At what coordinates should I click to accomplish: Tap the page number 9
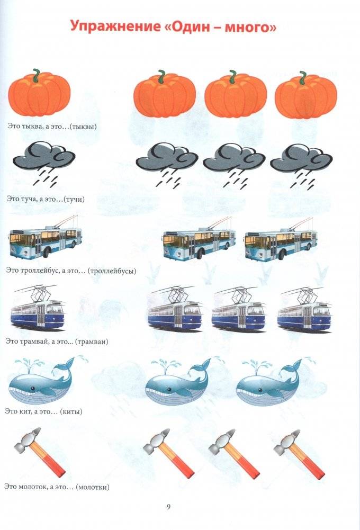[x=168, y=507]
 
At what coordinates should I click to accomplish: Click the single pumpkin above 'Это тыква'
[x=39, y=93]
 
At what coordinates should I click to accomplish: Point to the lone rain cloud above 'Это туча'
[x=44, y=164]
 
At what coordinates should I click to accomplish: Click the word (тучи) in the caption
[x=74, y=199]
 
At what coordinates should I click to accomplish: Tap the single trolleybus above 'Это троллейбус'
[x=46, y=238]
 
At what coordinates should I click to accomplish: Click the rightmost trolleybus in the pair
[x=281, y=240]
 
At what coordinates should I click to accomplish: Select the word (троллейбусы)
[x=112, y=271]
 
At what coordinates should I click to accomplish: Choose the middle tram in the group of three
[x=239, y=309]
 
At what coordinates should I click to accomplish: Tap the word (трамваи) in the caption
[x=92, y=342]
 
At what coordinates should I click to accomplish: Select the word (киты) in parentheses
[x=71, y=411]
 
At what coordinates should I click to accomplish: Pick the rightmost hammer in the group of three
[x=299, y=454]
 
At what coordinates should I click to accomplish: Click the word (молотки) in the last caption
[x=93, y=487]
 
